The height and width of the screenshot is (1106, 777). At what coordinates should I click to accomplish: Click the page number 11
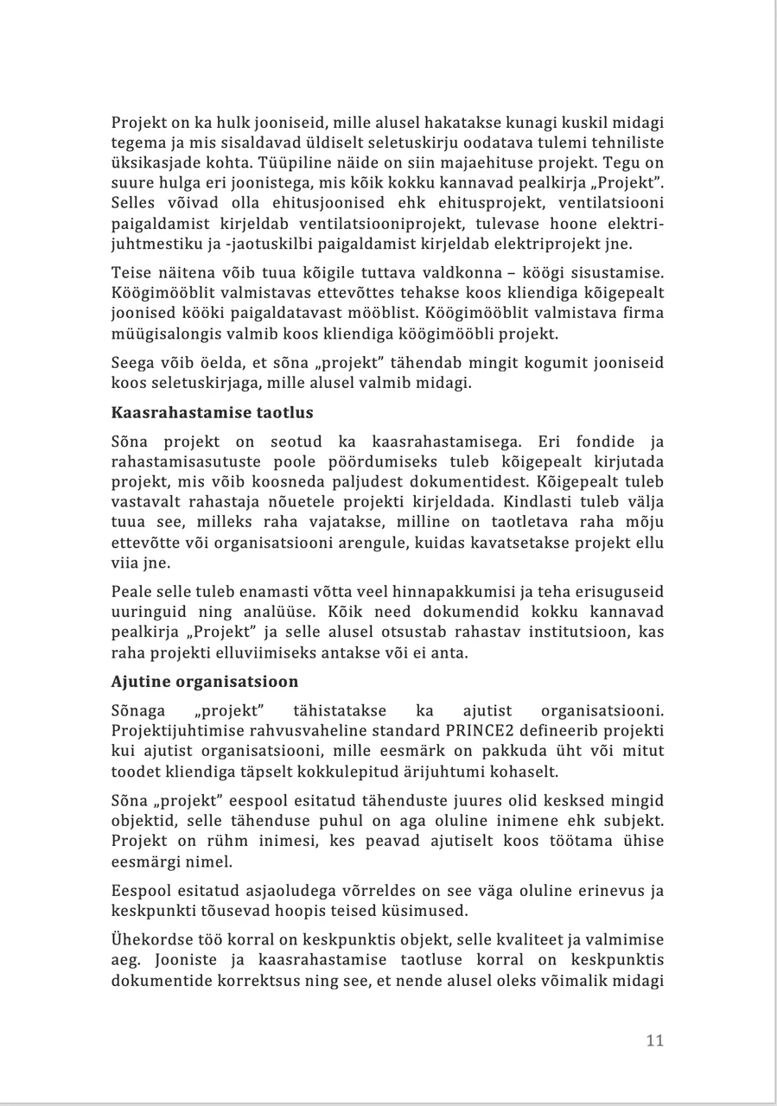[654, 1040]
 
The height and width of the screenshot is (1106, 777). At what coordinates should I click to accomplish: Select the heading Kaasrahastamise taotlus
[212, 412]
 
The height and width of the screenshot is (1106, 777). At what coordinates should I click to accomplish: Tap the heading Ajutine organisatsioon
[204, 681]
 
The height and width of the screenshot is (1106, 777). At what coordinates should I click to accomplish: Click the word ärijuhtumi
[481, 771]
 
